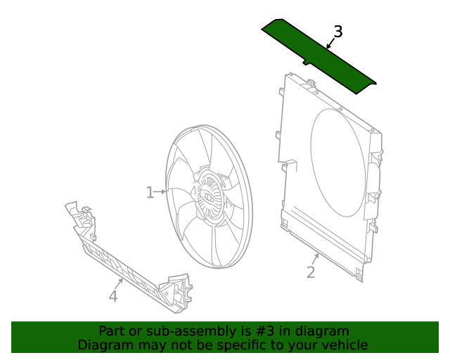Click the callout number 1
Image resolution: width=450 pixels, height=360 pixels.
tap(150, 193)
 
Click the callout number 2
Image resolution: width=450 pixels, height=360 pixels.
tap(311, 273)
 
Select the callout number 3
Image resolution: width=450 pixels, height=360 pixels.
tap(338, 32)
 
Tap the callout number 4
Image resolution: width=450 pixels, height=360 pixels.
tap(113, 297)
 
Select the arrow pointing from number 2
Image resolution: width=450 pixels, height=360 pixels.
tap(316, 259)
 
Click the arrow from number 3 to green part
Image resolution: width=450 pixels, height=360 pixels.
tap(330, 44)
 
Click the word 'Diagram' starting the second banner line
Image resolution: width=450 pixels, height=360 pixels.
tap(103, 345)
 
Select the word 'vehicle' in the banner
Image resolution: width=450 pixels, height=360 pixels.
tap(345, 345)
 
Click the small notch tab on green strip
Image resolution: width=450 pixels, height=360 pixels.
tap(307, 63)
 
